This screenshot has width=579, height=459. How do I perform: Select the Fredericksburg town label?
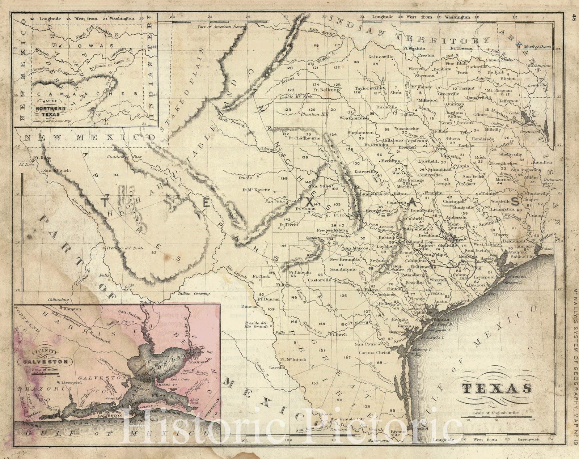pos(332,230)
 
